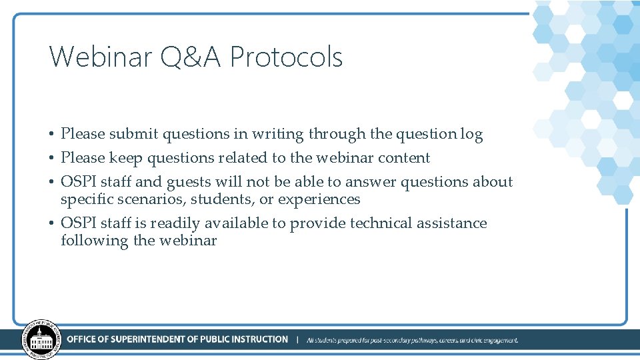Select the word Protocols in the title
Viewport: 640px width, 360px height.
coord(286,57)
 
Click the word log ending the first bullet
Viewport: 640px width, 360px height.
coord(471,134)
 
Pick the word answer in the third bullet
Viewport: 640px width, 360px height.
coord(369,182)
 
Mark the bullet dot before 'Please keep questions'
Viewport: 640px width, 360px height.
coord(52,159)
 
